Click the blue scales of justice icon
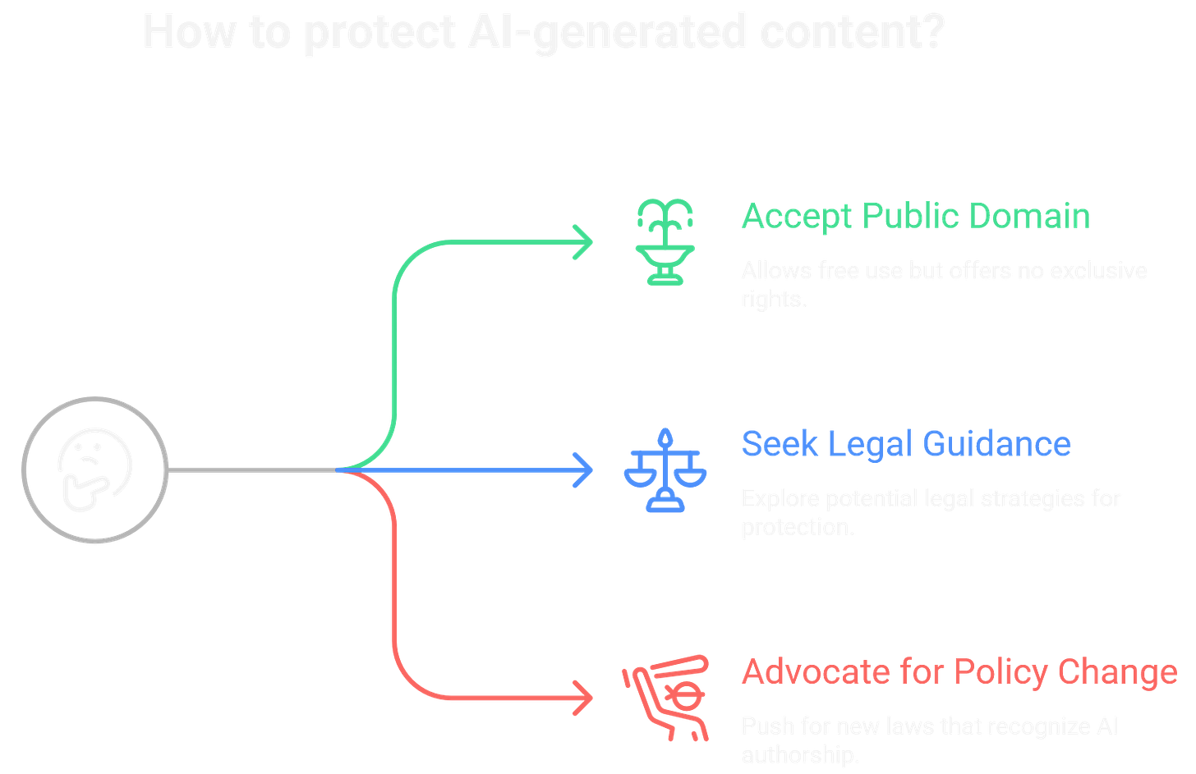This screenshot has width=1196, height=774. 664,469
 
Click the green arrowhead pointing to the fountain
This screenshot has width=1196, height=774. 585,243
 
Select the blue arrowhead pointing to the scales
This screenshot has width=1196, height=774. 585,469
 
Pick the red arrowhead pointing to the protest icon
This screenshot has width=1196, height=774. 585,697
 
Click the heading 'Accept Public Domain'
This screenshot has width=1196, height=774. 915,217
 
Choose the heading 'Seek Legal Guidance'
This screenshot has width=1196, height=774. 906,444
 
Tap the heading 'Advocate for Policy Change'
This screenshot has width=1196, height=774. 959,671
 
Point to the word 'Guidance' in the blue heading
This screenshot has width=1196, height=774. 996,444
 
